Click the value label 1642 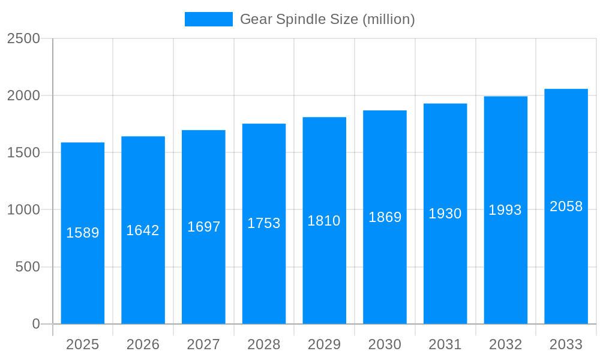point(143,230)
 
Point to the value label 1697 point(204,227)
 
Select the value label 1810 point(324,221)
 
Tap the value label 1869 point(385,217)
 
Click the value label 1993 point(505,210)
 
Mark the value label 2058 point(566,206)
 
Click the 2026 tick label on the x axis point(143,344)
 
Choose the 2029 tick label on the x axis point(324,344)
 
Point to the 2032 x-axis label point(505,344)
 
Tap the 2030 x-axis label point(385,344)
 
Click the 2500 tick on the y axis point(23,38)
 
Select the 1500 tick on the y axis point(23,152)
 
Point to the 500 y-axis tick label point(28,267)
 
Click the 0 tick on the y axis point(36,324)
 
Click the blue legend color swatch point(208,19)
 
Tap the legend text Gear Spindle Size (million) point(327,19)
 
